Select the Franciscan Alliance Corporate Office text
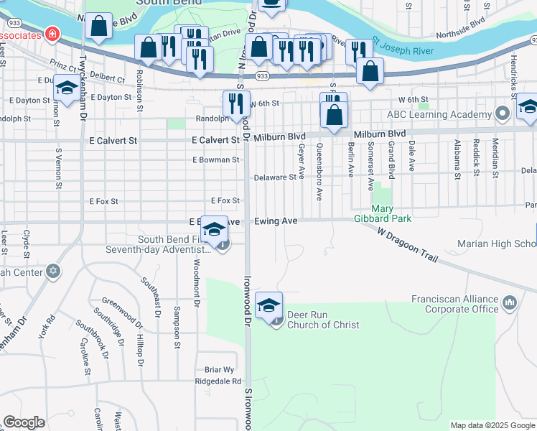point(454,304)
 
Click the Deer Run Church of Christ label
point(323,320)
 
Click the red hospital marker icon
point(52,34)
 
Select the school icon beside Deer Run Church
point(268,305)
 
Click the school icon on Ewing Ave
point(214,229)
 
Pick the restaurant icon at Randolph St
point(236,103)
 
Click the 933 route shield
point(262,75)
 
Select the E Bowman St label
point(215,159)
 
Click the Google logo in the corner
point(24,422)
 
